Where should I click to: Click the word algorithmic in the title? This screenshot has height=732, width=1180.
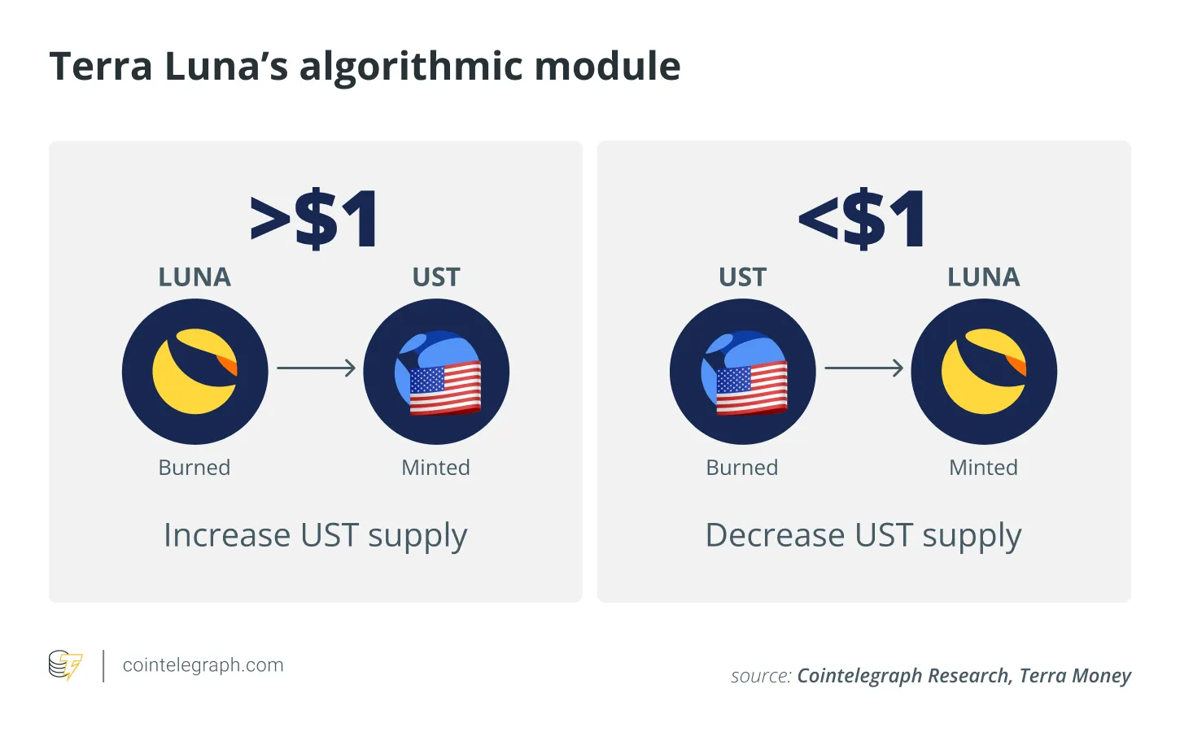click(x=411, y=68)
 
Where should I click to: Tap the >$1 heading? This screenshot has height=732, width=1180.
click(x=314, y=218)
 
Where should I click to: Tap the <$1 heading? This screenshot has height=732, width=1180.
click(x=863, y=218)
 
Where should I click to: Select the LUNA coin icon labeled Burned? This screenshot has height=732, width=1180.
click(x=195, y=372)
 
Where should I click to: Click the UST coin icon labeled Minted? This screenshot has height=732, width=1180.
click(x=436, y=372)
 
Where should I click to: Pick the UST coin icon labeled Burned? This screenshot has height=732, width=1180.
click(x=743, y=372)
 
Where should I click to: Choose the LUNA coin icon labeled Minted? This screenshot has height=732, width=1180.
click(x=984, y=372)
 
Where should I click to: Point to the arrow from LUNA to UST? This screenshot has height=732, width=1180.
click(x=316, y=368)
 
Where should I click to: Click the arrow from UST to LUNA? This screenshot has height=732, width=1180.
click(x=864, y=368)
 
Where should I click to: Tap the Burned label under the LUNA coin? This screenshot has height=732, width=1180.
click(x=194, y=468)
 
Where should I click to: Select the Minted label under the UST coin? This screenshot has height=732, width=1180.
click(x=435, y=468)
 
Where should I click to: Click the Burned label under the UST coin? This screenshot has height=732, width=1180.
click(x=741, y=468)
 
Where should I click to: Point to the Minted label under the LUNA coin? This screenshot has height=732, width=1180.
click(x=984, y=468)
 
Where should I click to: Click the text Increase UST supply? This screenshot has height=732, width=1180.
click(x=316, y=536)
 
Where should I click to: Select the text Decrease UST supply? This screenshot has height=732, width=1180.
click(x=863, y=536)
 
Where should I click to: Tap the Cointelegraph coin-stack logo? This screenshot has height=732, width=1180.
click(x=65, y=665)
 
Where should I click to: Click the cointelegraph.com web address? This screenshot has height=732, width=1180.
click(x=203, y=665)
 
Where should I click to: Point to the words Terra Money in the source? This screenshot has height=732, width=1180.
click(x=1075, y=676)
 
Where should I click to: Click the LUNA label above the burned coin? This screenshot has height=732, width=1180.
click(x=194, y=277)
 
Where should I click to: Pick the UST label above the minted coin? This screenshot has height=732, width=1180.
click(x=436, y=277)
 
